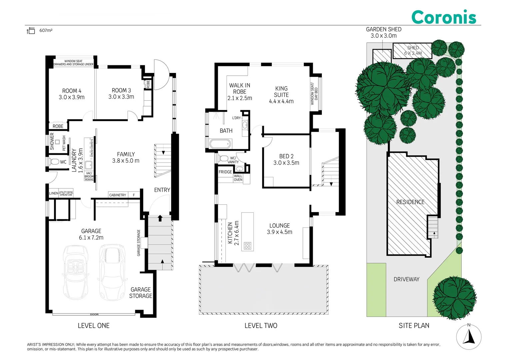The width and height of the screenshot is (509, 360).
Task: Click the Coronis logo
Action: [x=443, y=17]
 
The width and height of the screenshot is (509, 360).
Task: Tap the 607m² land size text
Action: [x=46, y=31]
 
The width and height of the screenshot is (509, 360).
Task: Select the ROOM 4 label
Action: [x=72, y=94]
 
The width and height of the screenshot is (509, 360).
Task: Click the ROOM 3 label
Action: [x=121, y=94]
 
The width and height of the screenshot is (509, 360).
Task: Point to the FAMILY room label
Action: [x=126, y=157]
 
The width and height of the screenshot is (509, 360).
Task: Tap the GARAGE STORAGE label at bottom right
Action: [x=141, y=293]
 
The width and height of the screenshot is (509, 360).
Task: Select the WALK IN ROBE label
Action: [x=240, y=92]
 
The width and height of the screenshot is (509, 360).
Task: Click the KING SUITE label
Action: [x=281, y=95]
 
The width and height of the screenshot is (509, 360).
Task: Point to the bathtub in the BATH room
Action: [x=220, y=144]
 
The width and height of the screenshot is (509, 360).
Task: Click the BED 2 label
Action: [x=286, y=159]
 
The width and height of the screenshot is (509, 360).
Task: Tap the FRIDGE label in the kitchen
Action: [x=225, y=172]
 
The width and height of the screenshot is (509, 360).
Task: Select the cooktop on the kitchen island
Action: [x=248, y=246]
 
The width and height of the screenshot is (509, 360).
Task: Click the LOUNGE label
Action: [x=279, y=229]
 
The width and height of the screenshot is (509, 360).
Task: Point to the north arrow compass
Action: [x=469, y=337]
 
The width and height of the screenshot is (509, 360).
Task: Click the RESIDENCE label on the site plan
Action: [x=410, y=202]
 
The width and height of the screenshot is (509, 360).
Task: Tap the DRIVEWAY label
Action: [x=406, y=279]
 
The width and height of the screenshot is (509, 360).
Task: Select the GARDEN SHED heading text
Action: [x=383, y=29]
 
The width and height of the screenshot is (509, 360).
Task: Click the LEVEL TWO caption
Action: [x=261, y=326]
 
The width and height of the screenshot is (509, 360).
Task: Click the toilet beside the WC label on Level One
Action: [x=54, y=162]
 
